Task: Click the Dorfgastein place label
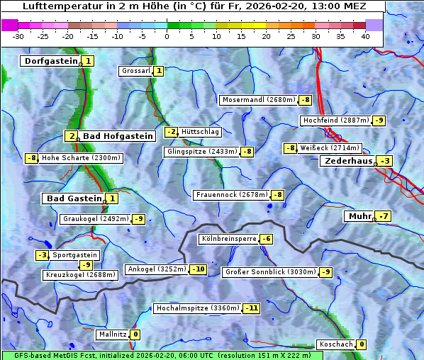click(x=50, y=62)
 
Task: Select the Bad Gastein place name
click(x=74, y=198)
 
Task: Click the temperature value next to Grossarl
click(x=159, y=71)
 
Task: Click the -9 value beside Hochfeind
click(x=379, y=120)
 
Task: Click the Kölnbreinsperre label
click(x=228, y=240)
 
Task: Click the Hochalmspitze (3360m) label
click(x=198, y=309)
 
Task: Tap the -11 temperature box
click(x=252, y=309)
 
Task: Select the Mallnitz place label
click(x=112, y=334)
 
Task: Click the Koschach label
click(x=336, y=344)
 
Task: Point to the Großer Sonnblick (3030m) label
click(x=269, y=272)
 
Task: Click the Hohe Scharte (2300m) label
click(x=81, y=158)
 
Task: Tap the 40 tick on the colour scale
click(x=365, y=35)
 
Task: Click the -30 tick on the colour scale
click(x=18, y=35)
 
